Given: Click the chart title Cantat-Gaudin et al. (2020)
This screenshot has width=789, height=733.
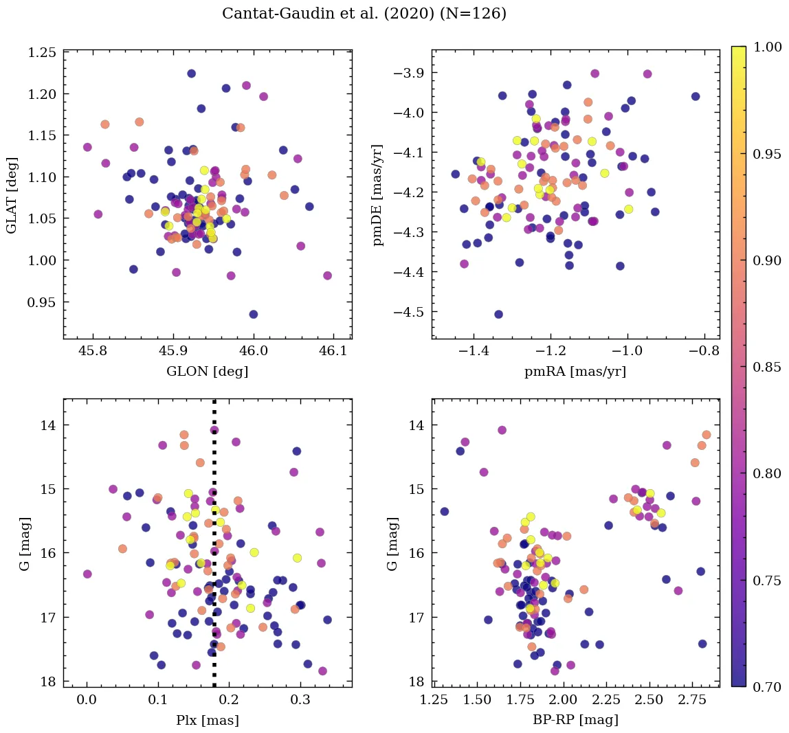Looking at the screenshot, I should point(364,14).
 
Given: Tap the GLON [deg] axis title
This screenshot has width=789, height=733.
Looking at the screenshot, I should point(208,372).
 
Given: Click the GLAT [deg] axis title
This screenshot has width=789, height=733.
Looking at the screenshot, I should point(12,195).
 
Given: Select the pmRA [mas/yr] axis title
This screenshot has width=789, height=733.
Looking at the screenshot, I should point(575,372).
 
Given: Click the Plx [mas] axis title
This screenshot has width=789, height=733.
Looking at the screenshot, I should point(208,720).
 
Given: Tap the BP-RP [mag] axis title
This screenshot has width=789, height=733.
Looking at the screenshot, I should point(575,720).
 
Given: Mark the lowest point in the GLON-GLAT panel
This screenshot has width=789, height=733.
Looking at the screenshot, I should point(253,314).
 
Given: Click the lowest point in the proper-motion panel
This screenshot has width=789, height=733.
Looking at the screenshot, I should point(498,314).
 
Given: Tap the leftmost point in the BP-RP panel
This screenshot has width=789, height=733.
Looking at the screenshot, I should point(444,511).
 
